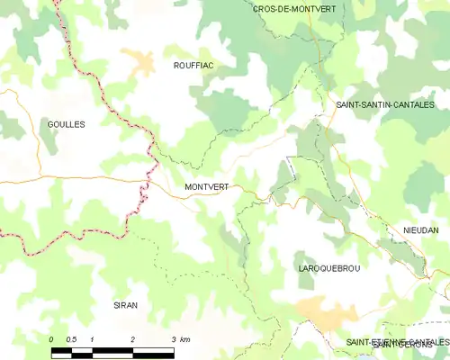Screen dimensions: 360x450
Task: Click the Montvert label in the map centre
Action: coord(206,187)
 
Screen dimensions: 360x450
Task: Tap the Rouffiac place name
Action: coord(193,66)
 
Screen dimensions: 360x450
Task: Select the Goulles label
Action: coord(66,124)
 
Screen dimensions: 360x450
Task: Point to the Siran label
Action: coord(125,306)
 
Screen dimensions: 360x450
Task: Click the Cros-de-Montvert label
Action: coord(290,8)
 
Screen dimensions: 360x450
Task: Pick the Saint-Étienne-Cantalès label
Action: coord(397,342)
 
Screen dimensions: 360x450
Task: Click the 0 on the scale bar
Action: coord(52,339)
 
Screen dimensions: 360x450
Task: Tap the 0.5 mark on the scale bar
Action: coord(72,339)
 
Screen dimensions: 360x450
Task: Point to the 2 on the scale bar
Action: coord(133,339)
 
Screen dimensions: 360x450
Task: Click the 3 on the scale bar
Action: coord(173,339)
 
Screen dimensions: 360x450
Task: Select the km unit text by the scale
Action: coord(185,339)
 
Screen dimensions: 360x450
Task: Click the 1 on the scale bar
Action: coord(93,339)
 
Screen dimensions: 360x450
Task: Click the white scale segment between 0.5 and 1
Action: coord(83,350)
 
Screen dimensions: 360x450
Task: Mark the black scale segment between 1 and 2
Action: coord(112,350)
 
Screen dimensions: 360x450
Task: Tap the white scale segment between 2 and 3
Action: coord(153,350)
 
